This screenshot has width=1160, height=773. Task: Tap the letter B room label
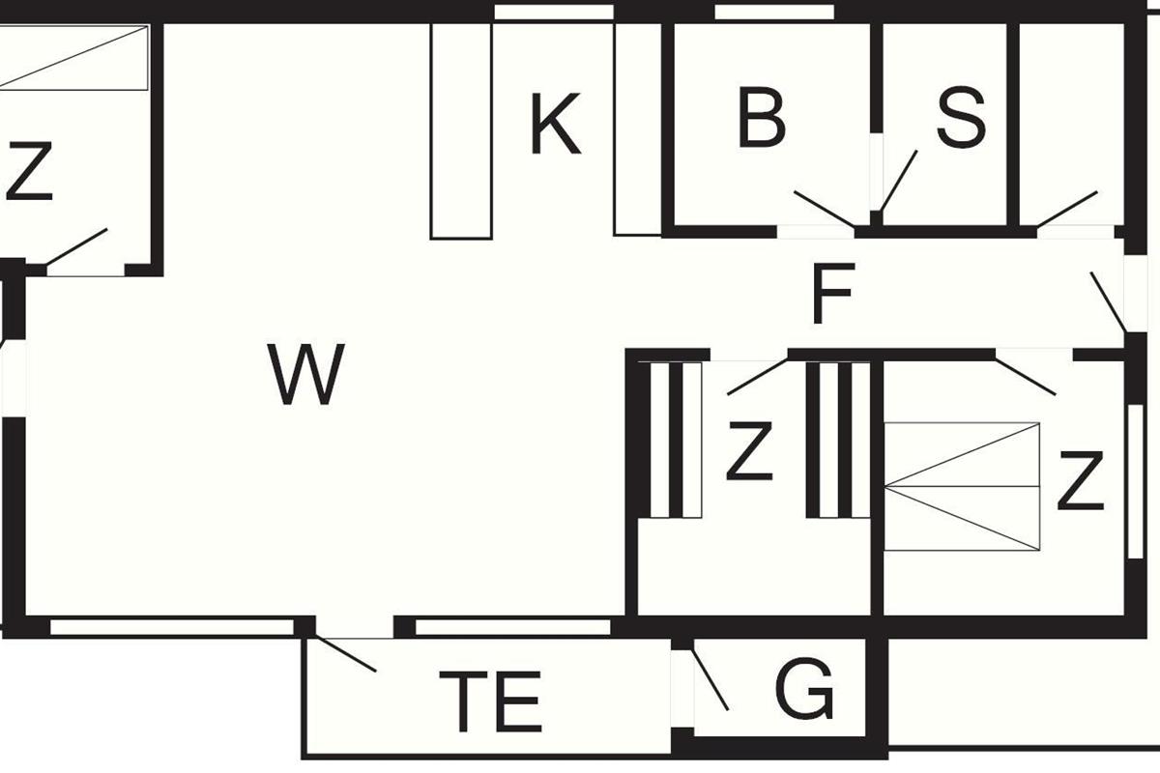761,119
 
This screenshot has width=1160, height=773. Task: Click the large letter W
306,375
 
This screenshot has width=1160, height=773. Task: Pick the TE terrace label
490,701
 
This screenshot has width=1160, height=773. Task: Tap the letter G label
804,690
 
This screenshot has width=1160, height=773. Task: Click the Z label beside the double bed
1080,481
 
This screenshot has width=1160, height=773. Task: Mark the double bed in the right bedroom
962,486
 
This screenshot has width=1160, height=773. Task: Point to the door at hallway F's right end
1108,302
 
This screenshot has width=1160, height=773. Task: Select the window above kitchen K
553,13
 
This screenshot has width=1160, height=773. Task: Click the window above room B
773,13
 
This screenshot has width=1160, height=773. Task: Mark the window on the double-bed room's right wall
1136,480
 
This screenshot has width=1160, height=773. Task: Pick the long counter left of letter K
461,130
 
